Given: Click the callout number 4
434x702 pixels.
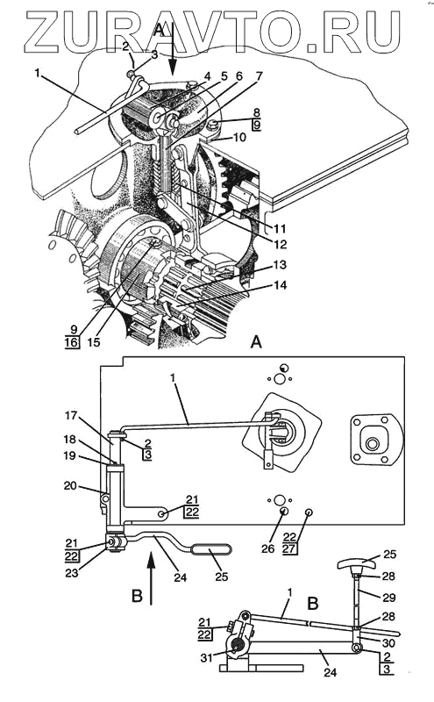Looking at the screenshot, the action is pos(207,77).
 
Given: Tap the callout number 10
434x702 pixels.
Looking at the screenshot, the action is pos(239,136).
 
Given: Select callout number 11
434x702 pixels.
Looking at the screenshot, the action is pos(280,229).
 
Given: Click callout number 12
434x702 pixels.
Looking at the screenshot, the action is pos(281,245).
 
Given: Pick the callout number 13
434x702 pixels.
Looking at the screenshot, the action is pos(280,265).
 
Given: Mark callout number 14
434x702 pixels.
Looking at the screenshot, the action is pos(280,285).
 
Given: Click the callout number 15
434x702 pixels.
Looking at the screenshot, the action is pos(94,342).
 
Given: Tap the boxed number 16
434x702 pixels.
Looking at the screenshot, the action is pos(72,343).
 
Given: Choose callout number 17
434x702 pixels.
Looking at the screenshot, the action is pos(71,415).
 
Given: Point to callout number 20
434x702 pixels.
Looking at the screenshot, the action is pos(71,485).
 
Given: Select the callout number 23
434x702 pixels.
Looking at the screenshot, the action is pos(72,573).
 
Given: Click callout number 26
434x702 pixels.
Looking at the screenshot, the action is pos(268,548).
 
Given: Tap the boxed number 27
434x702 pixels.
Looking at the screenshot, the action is pos(290,548).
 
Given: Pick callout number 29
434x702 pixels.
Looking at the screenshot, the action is pos(388,598).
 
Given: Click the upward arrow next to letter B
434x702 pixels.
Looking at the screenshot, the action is pos(151,578).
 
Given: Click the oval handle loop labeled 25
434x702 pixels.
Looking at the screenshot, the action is pos(212,549).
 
